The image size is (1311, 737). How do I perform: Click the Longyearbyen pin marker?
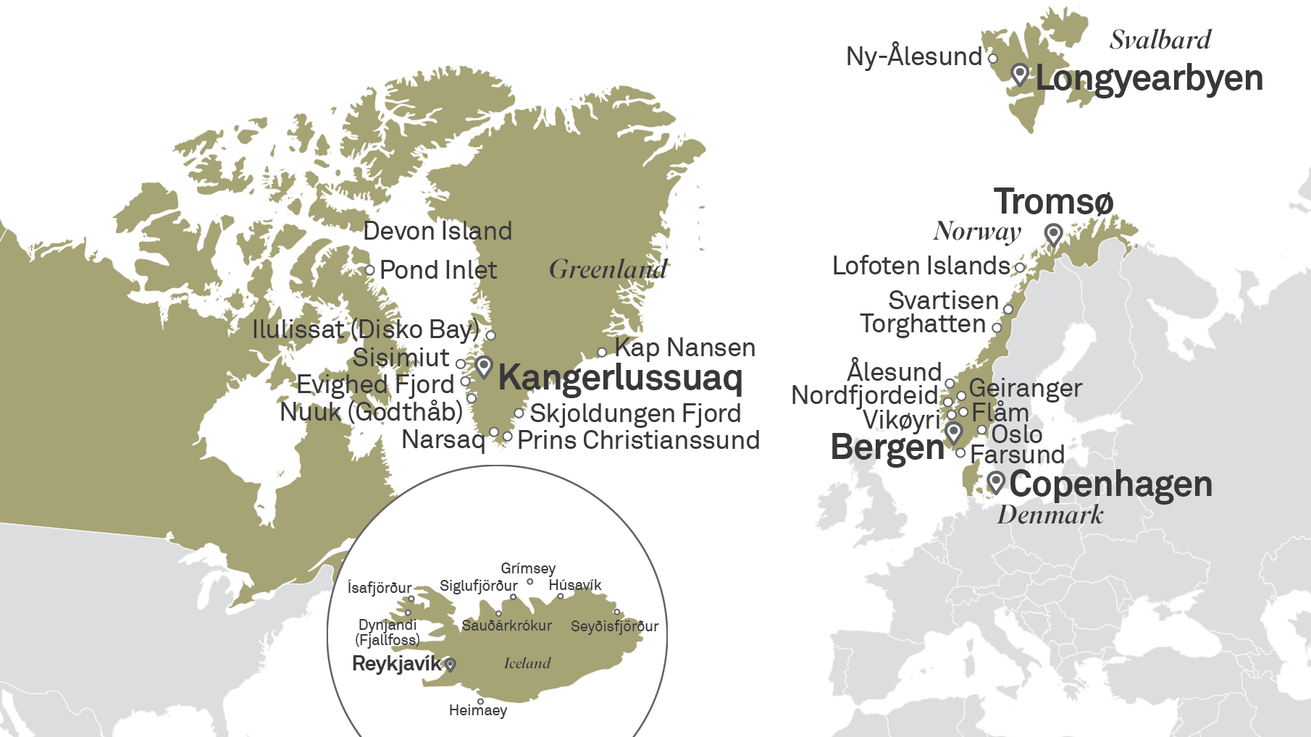(x=1020, y=74)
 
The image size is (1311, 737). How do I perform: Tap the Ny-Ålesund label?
(x=914, y=56)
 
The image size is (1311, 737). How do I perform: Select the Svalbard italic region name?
(x=1160, y=40)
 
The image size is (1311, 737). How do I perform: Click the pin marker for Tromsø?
(x=1053, y=235)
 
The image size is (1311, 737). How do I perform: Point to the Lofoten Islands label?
(x=921, y=266)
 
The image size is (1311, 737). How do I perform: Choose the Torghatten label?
(x=922, y=324)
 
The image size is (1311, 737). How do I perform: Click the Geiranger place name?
(x=1025, y=388)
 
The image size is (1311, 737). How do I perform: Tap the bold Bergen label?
(x=887, y=447)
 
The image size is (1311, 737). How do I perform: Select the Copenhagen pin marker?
(x=997, y=481)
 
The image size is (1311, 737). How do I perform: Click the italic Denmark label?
(x=1050, y=515)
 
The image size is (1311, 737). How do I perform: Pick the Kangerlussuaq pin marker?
(x=484, y=366)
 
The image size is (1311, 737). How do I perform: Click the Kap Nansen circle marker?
(x=602, y=353)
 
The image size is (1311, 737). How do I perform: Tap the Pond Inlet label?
(x=438, y=270)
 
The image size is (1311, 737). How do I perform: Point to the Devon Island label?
(x=437, y=231)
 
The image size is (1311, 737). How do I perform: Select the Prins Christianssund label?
(x=638, y=440)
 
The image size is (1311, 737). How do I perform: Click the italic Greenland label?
(x=608, y=269)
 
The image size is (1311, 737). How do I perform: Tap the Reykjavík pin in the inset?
(x=451, y=664)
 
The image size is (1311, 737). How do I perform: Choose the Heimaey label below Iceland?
(x=477, y=710)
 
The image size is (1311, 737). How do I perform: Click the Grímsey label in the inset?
(x=528, y=568)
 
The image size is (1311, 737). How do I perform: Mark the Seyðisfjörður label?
(x=614, y=626)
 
